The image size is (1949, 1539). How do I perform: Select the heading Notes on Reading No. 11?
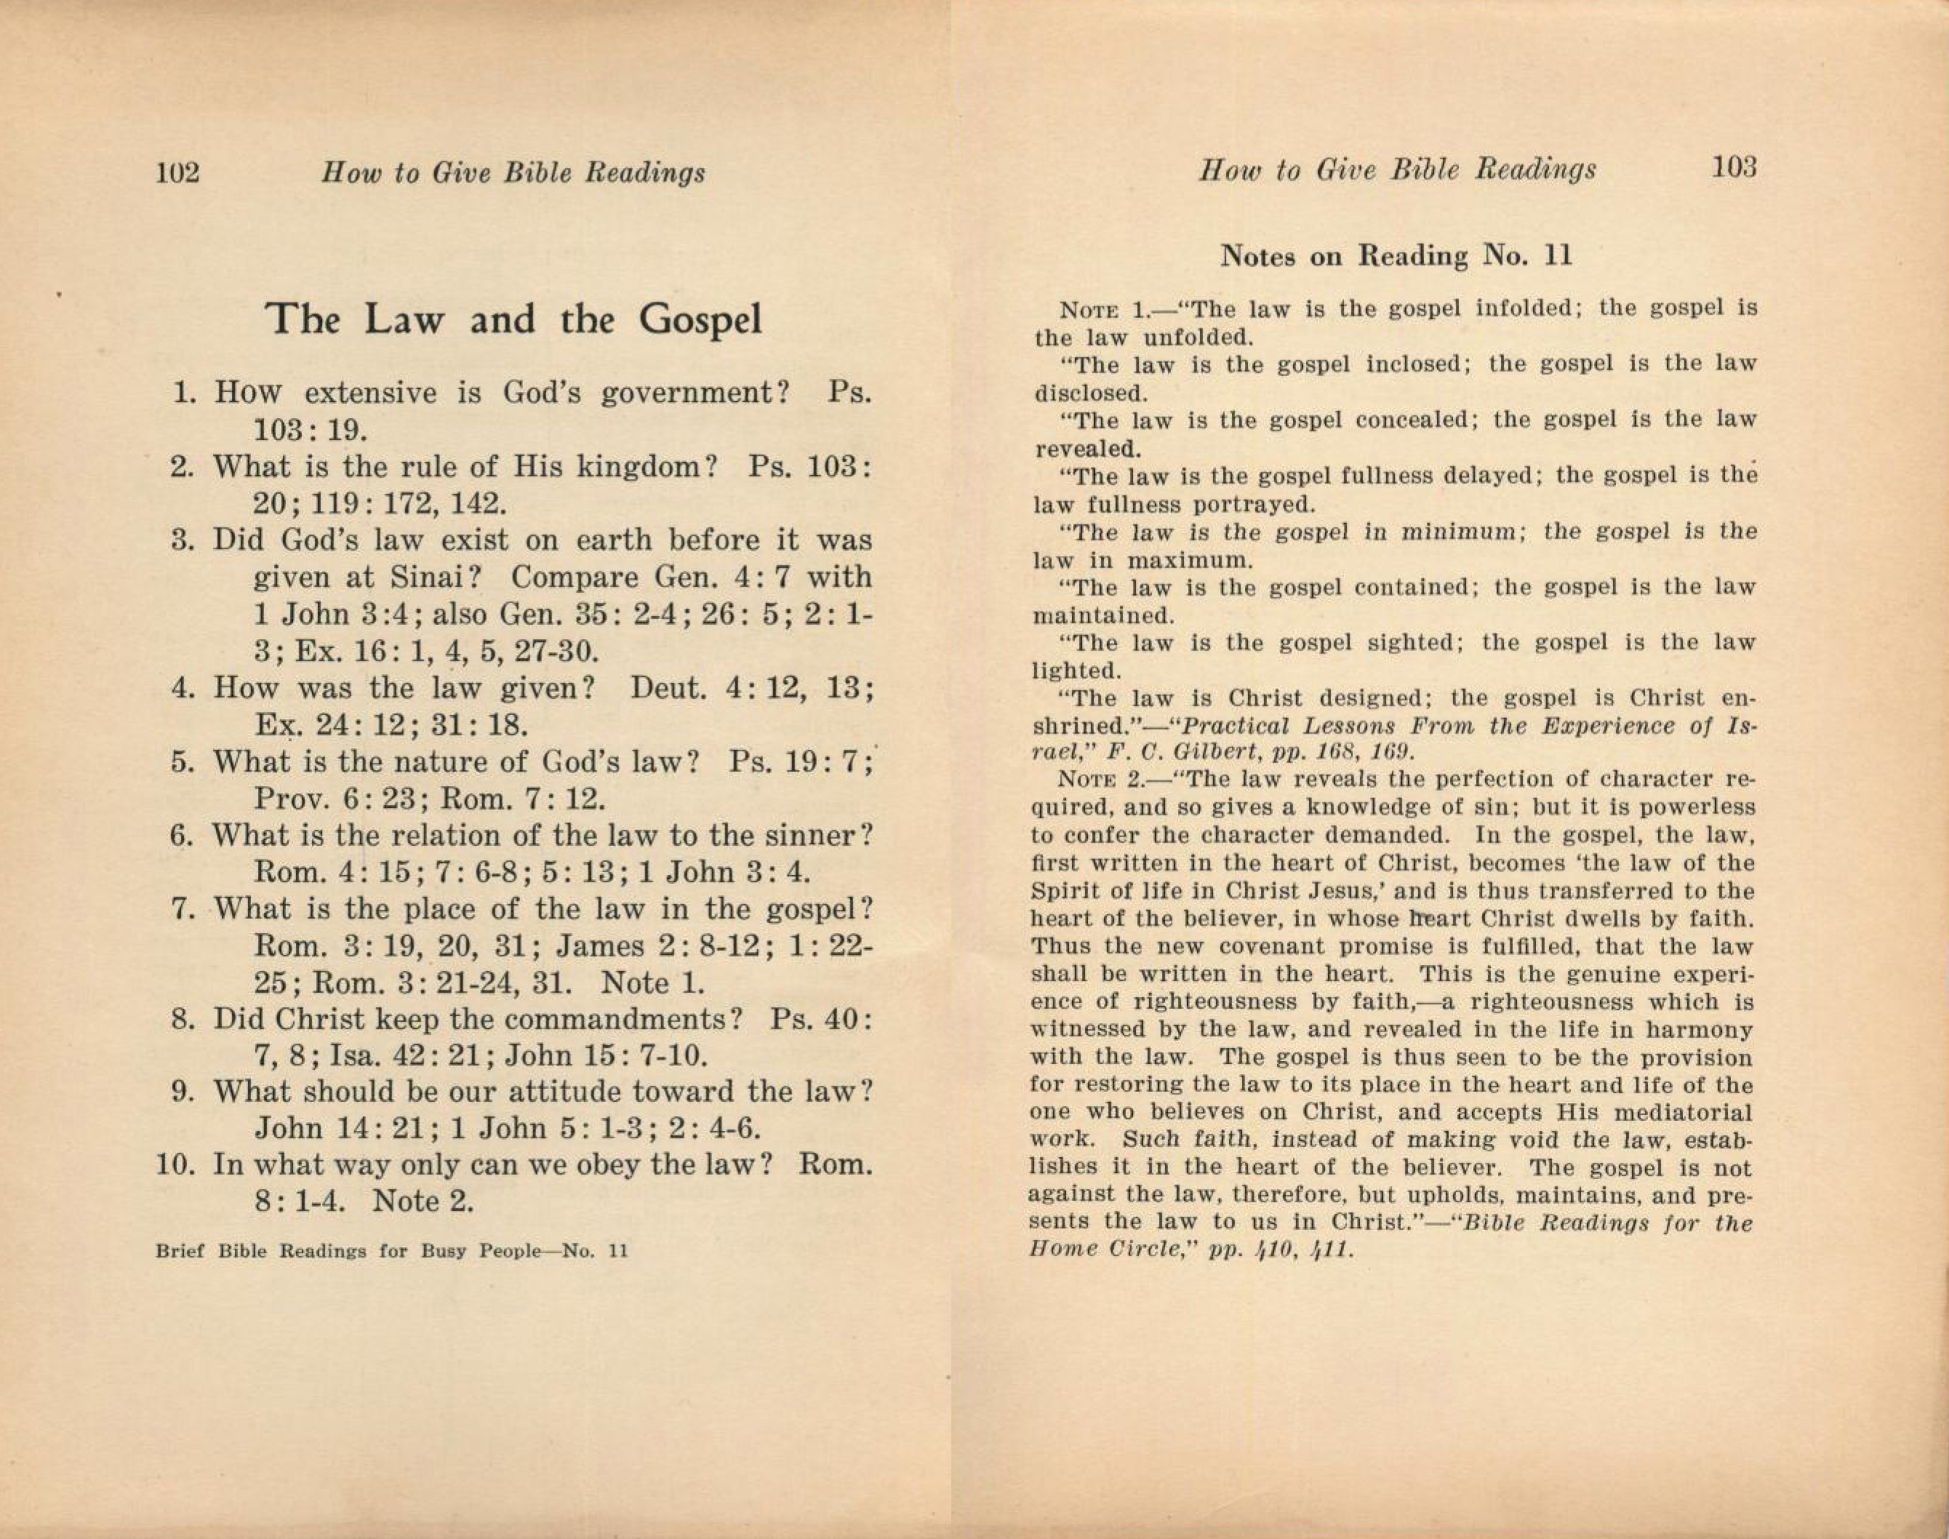tap(1396, 256)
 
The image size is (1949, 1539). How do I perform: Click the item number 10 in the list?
tap(176, 1165)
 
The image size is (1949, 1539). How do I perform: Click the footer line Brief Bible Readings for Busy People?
tap(391, 1252)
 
